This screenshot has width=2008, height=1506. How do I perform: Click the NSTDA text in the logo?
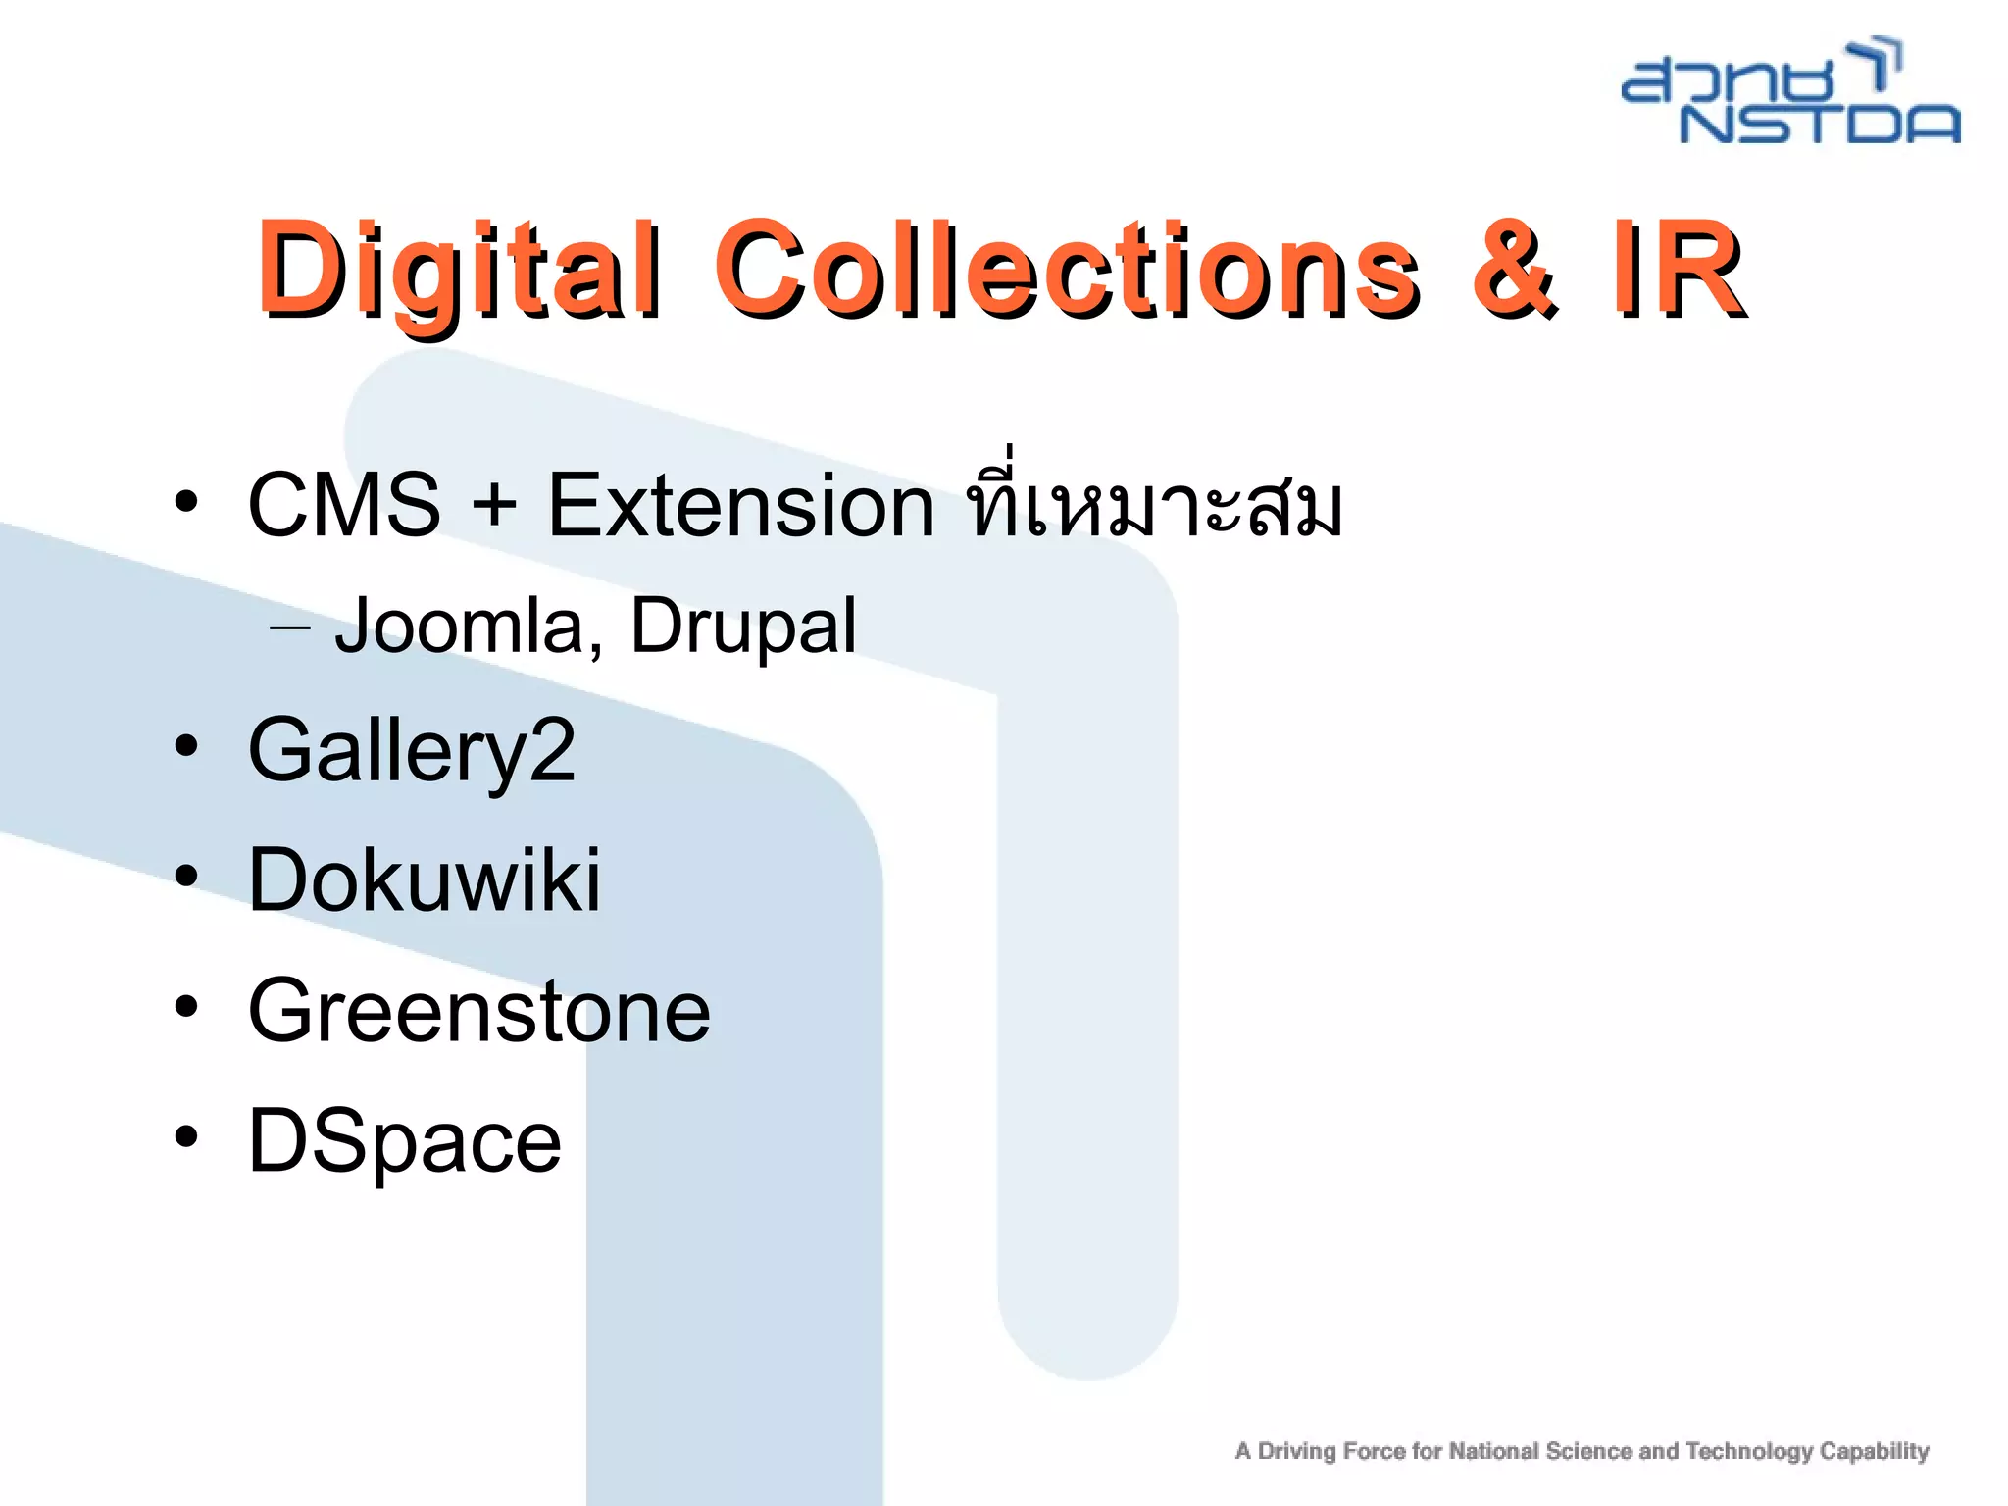(x=1820, y=124)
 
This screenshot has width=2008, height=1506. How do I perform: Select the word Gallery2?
(x=412, y=752)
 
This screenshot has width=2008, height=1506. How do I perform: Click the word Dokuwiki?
(x=424, y=879)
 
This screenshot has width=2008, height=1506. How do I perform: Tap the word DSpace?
(x=405, y=1141)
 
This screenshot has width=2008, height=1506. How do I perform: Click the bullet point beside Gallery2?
(x=186, y=749)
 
